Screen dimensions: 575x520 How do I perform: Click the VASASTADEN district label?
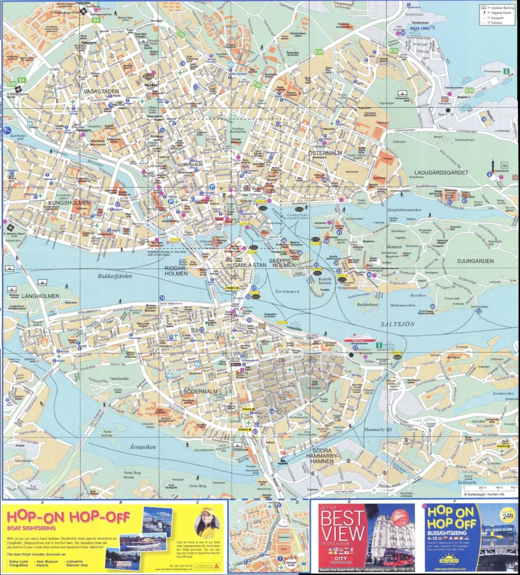pos(101,91)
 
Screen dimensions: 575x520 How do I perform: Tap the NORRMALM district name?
pos(190,165)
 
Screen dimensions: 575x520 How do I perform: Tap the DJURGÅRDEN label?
pos(476,261)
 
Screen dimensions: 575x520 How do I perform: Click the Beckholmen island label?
pos(367,304)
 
